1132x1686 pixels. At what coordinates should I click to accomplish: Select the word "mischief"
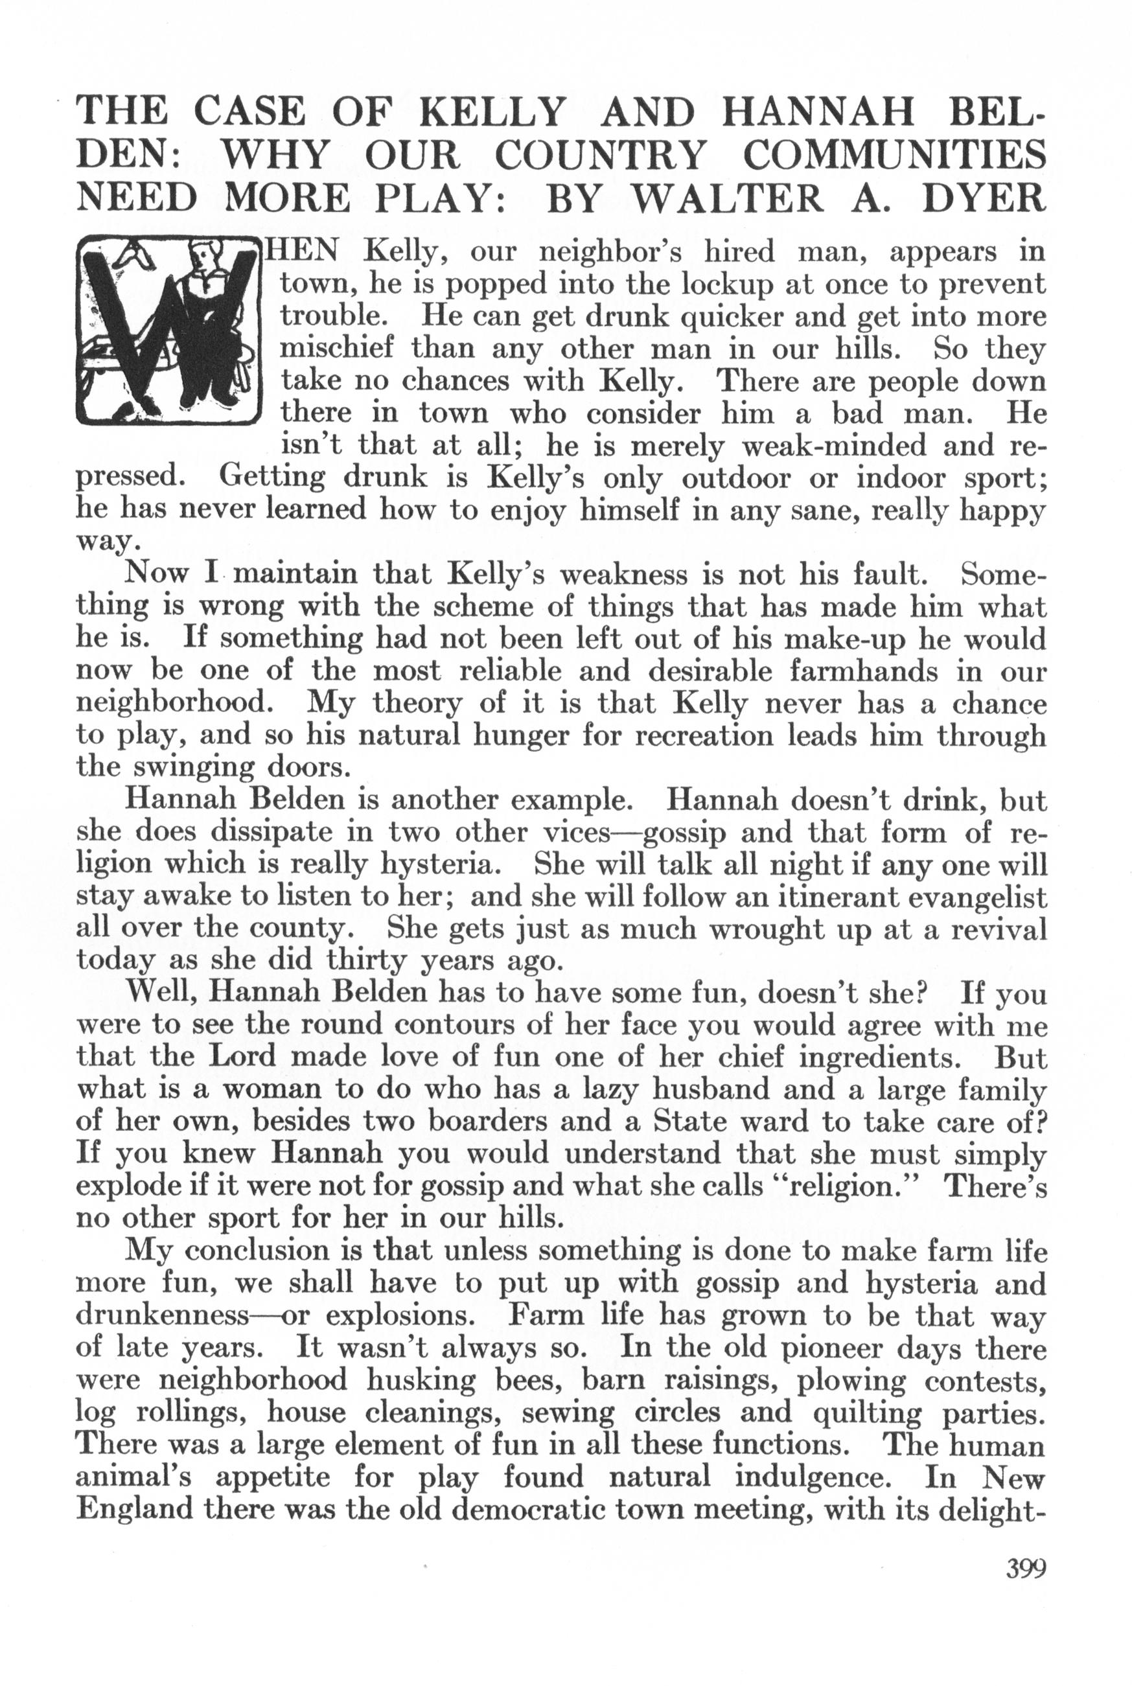coord(336,349)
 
